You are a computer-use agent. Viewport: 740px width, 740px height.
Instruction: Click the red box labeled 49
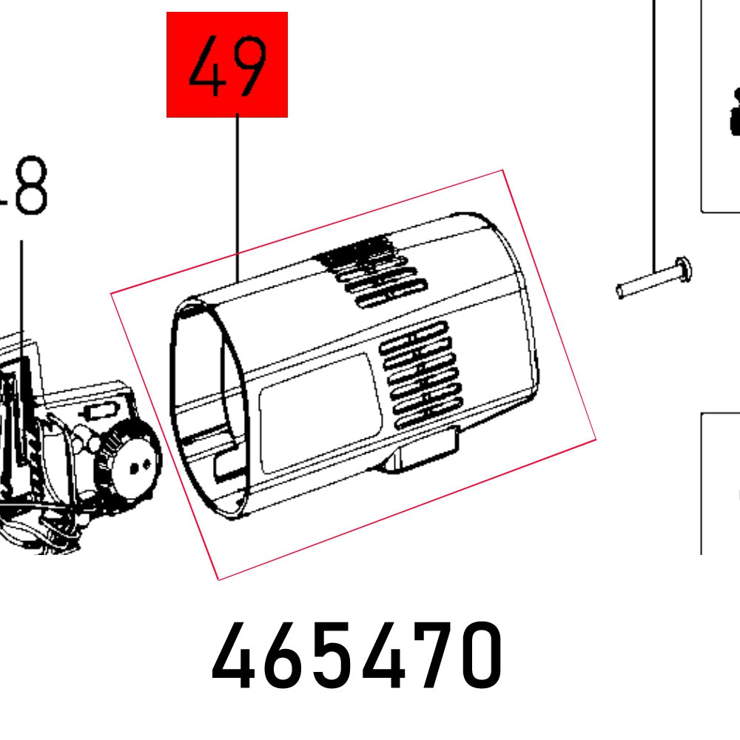(x=226, y=64)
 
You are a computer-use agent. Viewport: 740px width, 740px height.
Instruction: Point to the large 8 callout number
(x=30, y=187)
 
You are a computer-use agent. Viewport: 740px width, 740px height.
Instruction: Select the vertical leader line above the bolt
(x=654, y=133)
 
